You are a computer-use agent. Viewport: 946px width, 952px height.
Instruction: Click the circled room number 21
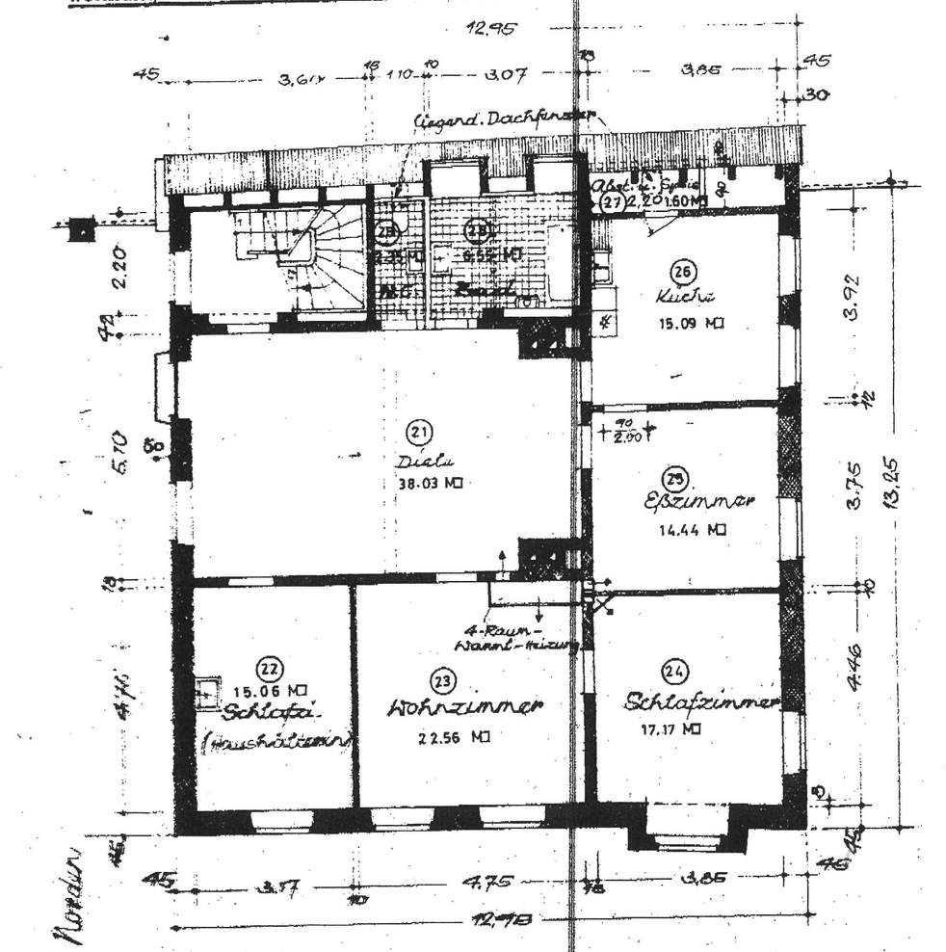point(421,432)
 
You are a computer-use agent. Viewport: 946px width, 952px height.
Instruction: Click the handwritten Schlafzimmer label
point(699,702)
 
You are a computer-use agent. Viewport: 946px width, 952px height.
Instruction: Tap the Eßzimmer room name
point(697,502)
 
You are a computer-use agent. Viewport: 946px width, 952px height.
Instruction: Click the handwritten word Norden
point(74,896)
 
